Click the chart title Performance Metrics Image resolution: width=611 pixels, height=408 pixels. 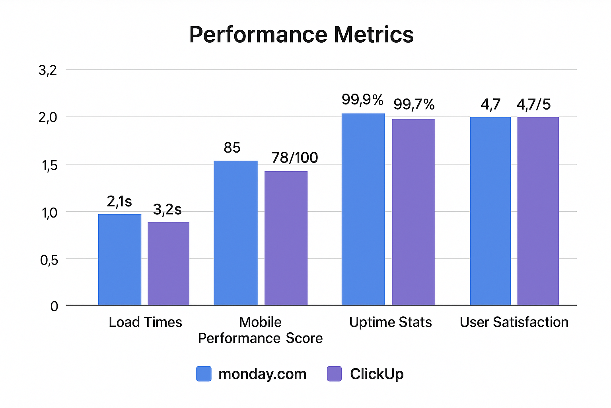tap(301, 35)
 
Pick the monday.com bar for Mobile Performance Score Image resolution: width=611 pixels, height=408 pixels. tap(235, 233)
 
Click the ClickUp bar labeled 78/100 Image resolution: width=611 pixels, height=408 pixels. tap(286, 238)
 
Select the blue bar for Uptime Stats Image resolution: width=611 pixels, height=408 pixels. tap(363, 210)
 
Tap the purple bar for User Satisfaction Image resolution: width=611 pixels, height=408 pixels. tap(538, 211)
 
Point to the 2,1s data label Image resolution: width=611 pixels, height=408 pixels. tap(119, 202)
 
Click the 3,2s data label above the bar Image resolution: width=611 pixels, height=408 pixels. tap(167, 210)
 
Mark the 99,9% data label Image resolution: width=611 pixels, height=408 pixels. tap(362, 100)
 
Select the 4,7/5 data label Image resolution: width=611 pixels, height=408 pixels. tap(533, 105)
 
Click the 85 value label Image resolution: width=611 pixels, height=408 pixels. tap(232, 148)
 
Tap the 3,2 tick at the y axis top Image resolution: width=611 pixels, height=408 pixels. tap(48, 71)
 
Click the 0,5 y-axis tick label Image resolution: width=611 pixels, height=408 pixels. tap(49, 260)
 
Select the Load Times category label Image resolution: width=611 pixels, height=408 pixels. tap(145, 322)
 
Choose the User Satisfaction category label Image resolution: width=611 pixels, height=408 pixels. tap(514, 322)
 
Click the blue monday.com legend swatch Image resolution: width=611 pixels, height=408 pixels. tap(204, 374)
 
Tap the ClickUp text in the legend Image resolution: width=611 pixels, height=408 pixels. tap(376, 374)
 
